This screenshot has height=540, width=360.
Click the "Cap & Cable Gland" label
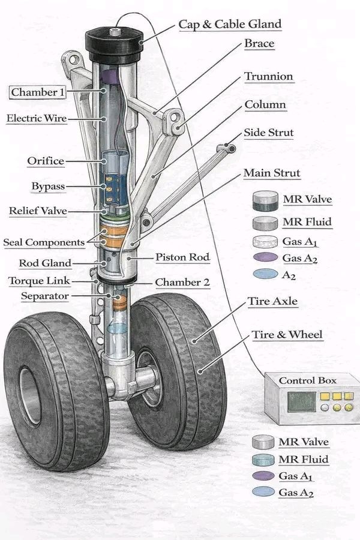click(230, 25)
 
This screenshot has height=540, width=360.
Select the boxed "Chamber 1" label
click(37, 92)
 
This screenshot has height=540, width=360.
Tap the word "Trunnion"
click(269, 76)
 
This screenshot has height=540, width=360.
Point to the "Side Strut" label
click(269, 133)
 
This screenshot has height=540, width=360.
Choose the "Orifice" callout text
click(46, 161)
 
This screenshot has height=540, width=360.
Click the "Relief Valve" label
click(38, 211)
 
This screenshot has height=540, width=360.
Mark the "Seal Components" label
click(44, 242)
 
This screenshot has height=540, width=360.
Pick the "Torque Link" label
click(39, 281)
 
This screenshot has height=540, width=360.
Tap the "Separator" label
click(45, 296)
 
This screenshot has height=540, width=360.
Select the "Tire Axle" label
click(273, 301)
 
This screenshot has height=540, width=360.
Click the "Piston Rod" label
click(182, 257)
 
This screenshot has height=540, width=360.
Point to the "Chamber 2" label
click(182, 283)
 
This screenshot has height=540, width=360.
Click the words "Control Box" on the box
click(308, 380)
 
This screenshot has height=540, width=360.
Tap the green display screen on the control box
click(301, 402)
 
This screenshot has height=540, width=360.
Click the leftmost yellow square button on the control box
click(325, 396)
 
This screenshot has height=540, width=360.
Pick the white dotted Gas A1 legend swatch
click(265, 242)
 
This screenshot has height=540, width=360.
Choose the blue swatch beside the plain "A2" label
click(265, 274)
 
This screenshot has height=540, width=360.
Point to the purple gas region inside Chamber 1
click(111, 76)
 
